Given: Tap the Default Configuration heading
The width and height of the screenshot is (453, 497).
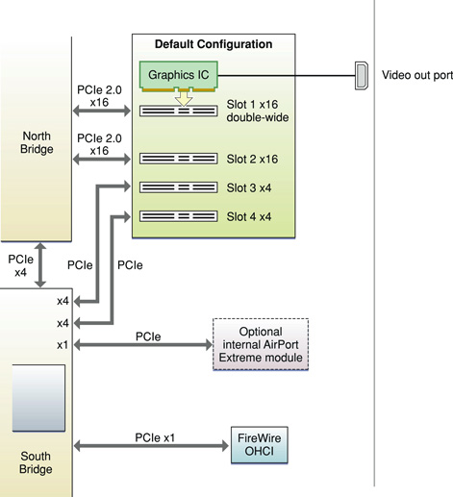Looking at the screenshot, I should [214, 44].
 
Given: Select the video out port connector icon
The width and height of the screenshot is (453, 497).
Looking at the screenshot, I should [360, 73].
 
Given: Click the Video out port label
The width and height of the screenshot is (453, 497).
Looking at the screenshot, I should [416, 74].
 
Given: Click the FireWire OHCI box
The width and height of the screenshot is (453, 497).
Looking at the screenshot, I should [257, 446].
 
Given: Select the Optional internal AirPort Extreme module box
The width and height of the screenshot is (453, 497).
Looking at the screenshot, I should [257, 344].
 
